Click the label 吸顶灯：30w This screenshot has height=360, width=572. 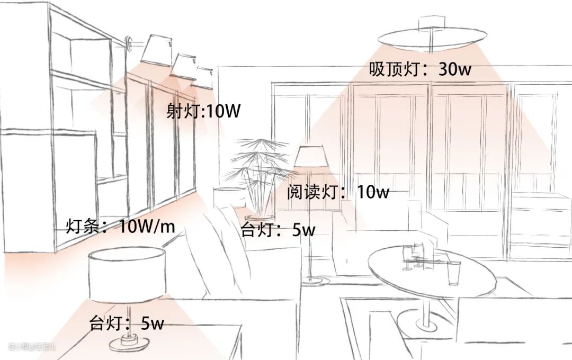click(421, 69)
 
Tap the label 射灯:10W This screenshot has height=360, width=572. click(203, 112)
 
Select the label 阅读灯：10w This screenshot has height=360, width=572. click(338, 192)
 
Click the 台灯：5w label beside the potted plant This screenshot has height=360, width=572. click(278, 230)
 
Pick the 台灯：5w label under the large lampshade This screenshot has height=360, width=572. click(127, 323)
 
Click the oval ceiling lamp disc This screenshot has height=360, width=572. click(433, 37)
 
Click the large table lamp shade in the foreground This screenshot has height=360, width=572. click(126, 275)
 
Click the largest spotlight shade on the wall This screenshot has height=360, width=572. click(155, 49)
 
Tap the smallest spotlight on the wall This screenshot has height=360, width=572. click(203, 75)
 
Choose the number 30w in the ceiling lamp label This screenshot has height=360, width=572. click(454, 69)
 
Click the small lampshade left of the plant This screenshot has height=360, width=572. click(225, 195)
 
